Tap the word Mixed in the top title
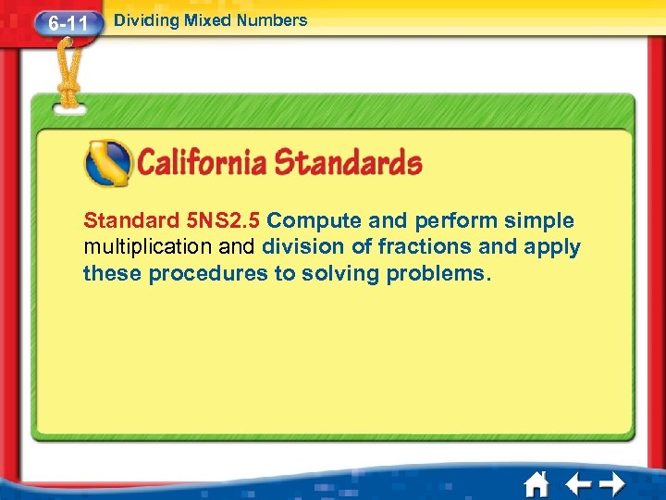click(x=204, y=19)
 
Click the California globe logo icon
click(x=107, y=163)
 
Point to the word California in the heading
click(x=203, y=164)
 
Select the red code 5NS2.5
click(x=223, y=221)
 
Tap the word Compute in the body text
click(x=314, y=221)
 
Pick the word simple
click(x=539, y=221)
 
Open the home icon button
click(x=536, y=483)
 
